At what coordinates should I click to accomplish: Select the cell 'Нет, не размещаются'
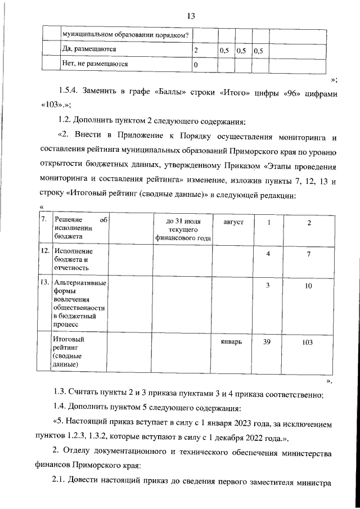94,64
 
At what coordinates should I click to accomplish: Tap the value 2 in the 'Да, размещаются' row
196,51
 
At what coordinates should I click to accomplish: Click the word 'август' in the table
233,223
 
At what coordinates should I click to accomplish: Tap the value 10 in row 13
308,286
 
